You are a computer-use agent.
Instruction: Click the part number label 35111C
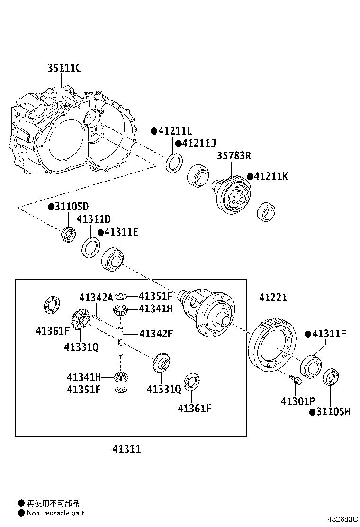64,68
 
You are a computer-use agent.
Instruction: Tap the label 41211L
175,131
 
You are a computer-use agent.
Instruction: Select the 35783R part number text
234,155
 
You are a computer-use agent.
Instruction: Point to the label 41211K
271,177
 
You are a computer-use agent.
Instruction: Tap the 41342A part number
96,297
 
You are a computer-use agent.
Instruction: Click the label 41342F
156,334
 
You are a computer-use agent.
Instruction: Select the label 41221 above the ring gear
273,298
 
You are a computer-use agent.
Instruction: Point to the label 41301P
298,401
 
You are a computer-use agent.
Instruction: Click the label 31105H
333,412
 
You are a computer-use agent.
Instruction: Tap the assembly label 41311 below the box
126,449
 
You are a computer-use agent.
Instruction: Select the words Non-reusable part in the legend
55,513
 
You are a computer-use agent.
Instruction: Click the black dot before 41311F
307,335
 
